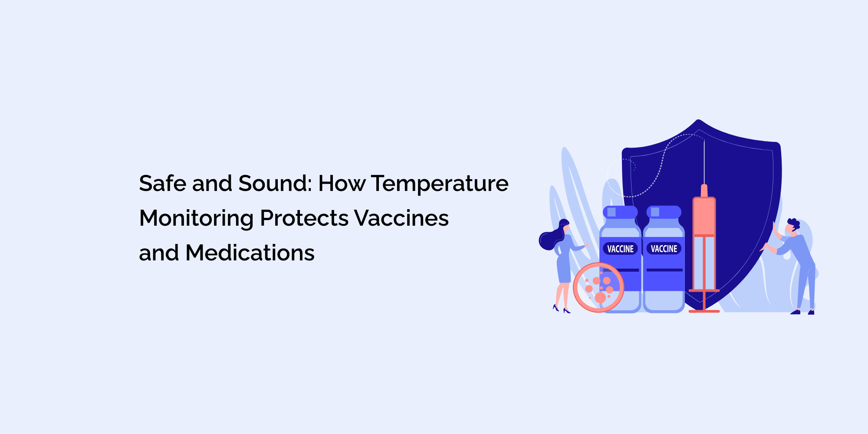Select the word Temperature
(x=439, y=184)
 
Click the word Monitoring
(x=196, y=219)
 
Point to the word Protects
(x=304, y=218)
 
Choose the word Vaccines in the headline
(x=401, y=218)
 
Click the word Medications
(x=250, y=253)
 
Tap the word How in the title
(x=342, y=183)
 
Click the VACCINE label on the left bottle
(x=620, y=249)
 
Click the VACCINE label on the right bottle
(x=664, y=249)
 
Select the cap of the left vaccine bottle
(x=620, y=212)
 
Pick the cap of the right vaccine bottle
(x=664, y=212)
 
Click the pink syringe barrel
(x=704, y=217)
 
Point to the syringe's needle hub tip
(x=704, y=189)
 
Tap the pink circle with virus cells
(x=598, y=287)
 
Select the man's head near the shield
(x=792, y=227)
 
